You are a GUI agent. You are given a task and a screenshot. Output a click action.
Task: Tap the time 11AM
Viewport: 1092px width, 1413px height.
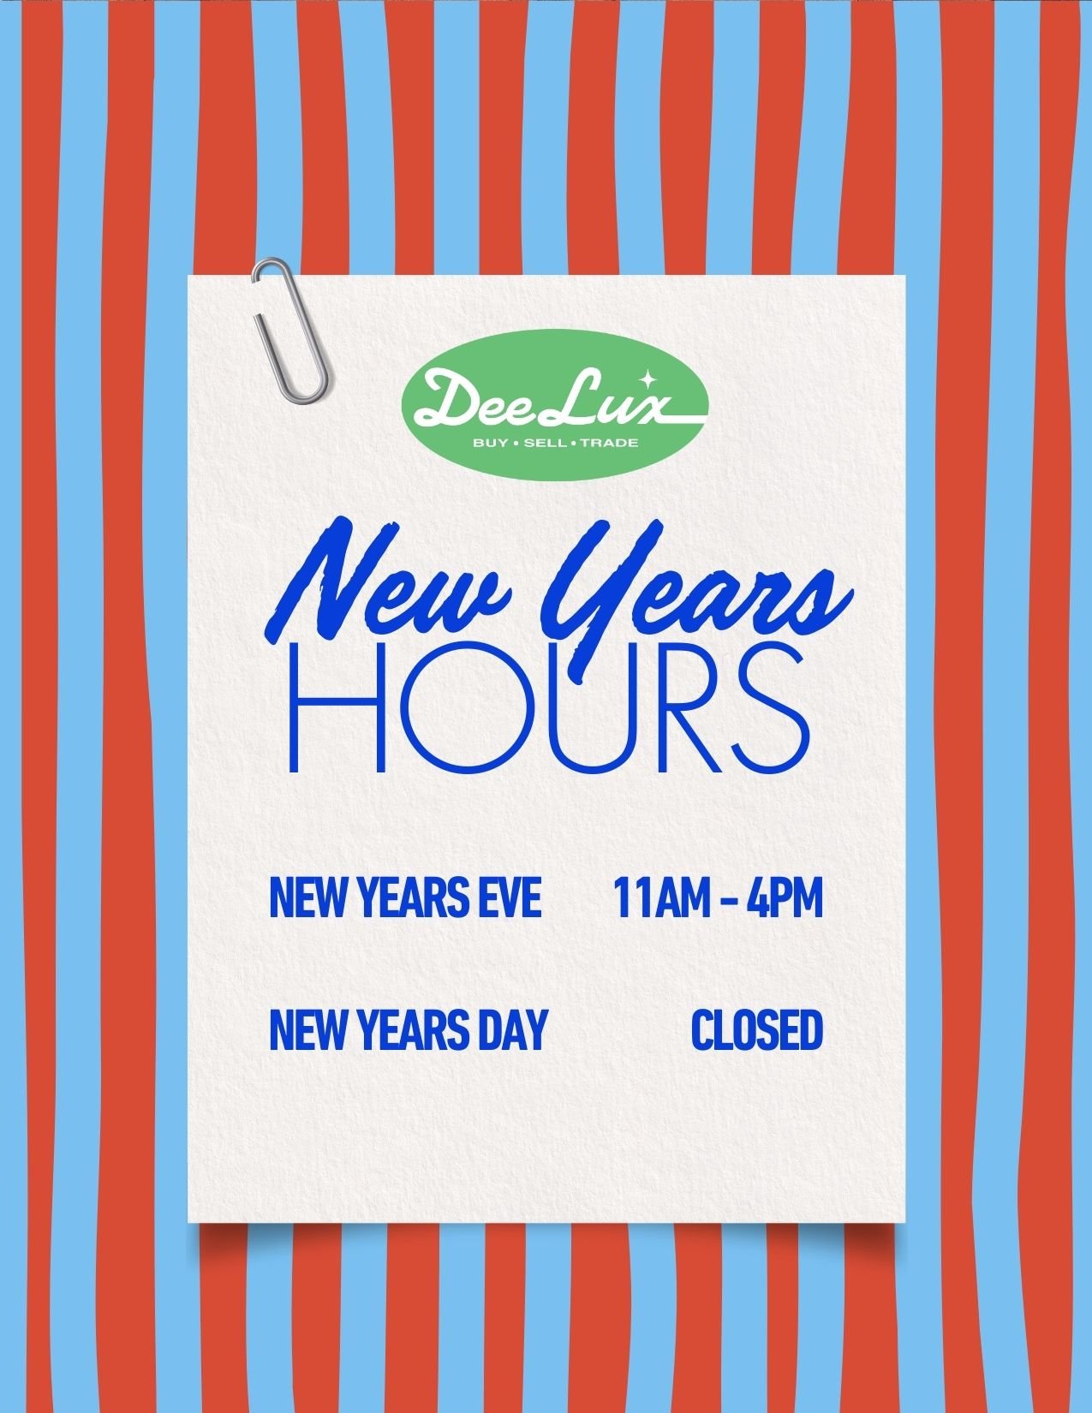click(x=656, y=897)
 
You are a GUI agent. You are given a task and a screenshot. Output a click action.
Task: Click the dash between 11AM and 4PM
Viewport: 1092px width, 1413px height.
click(x=722, y=899)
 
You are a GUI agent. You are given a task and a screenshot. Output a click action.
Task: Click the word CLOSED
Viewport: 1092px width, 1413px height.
click(x=756, y=1029)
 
